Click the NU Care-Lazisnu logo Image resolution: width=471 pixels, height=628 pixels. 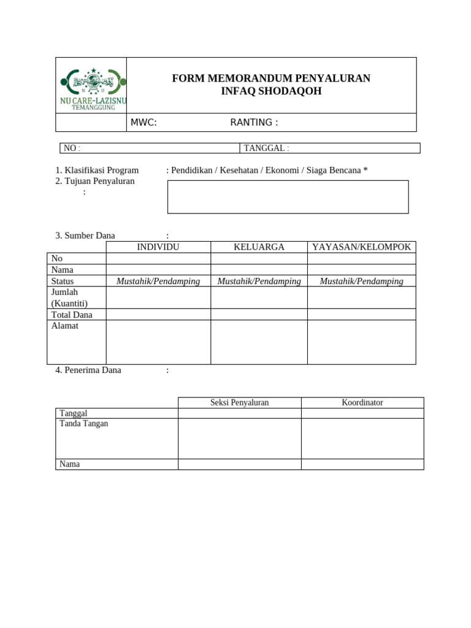pyautogui.click(x=92, y=87)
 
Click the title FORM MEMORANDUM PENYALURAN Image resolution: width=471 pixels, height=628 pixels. pyautogui.click(x=271, y=78)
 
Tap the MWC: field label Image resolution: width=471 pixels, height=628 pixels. pyautogui.click(x=144, y=123)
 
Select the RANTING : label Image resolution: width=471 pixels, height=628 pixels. pyautogui.click(x=254, y=123)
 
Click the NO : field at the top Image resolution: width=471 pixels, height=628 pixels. pyautogui.click(x=149, y=148)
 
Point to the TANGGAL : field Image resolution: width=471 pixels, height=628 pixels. pyautogui.click(x=329, y=148)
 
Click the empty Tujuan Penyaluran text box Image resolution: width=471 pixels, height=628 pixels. pyautogui.click(x=288, y=197)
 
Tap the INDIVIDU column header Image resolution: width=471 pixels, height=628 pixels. pyautogui.click(x=158, y=247)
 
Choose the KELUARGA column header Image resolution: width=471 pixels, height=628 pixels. pyautogui.click(x=259, y=247)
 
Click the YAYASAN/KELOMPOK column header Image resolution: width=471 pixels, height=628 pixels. pyautogui.click(x=361, y=247)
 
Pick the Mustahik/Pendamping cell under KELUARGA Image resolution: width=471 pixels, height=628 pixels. pyautogui.click(x=259, y=281)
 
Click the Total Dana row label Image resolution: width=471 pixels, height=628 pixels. pyautogui.click(x=72, y=315)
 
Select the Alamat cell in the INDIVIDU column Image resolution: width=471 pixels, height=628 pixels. pyautogui.click(x=158, y=342)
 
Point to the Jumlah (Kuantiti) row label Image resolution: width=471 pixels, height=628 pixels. pyautogui.click(x=69, y=297)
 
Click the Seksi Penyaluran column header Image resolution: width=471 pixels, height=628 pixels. pyautogui.click(x=239, y=402)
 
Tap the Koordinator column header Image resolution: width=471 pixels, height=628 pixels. pyautogui.click(x=362, y=402)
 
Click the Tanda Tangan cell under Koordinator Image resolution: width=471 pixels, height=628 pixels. pyautogui.click(x=362, y=438)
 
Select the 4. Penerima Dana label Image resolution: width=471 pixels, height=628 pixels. pyautogui.click(x=88, y=370)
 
